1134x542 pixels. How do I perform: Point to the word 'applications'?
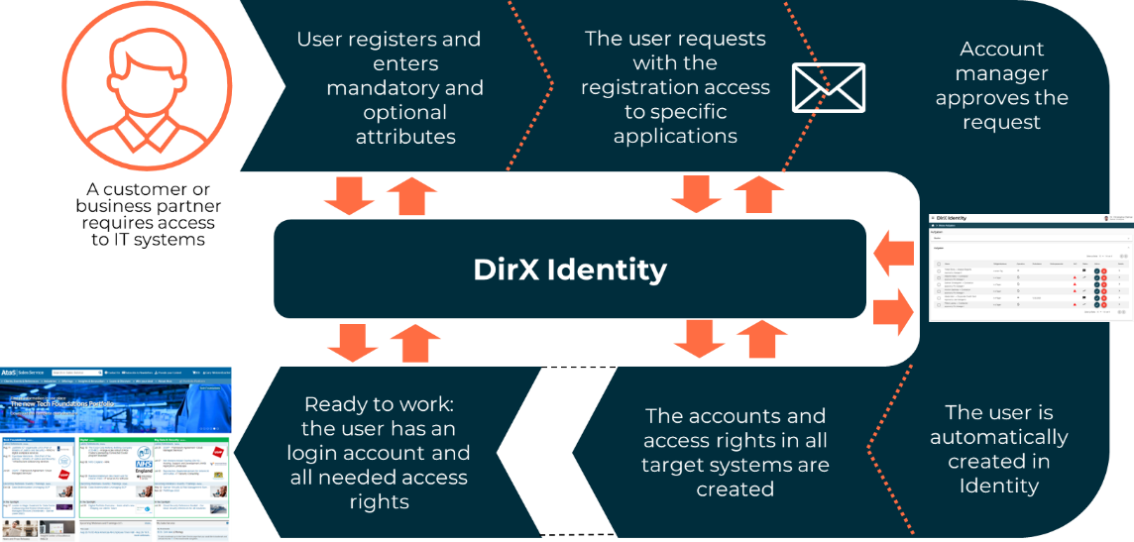(x=675, y=137)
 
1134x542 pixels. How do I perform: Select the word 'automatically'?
(x=999, y=437)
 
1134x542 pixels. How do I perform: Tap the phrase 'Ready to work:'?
(x=379, y=404)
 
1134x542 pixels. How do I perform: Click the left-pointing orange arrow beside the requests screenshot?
(x=892, y=257)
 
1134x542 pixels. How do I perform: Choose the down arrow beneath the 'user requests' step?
(x=697, y=194)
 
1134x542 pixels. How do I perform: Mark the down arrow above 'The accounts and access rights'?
(x=700, y=339)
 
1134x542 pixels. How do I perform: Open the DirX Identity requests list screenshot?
(x=1031, y=267)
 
